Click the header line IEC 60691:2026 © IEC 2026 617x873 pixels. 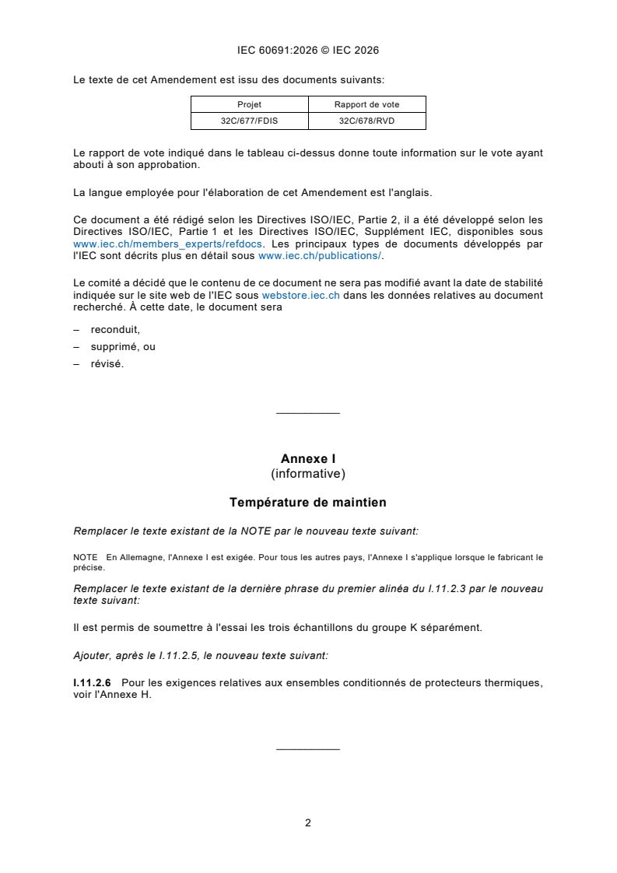[308, 51]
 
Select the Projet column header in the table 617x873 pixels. [249, 104]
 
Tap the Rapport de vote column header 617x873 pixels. [366, 104]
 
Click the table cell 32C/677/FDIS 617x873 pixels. [249, 121]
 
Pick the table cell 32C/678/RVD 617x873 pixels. [366, 121]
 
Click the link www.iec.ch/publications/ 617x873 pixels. [320, 255]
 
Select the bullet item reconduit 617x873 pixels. [115, 329]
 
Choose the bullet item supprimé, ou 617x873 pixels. [123, 346]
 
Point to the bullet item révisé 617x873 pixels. [107, 363]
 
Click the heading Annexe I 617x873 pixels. [308, 459]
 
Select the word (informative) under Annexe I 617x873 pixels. [308, 473]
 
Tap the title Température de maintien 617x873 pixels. [308, 503]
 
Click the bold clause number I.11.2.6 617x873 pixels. [92, 682]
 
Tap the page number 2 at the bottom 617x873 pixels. [308, 822]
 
